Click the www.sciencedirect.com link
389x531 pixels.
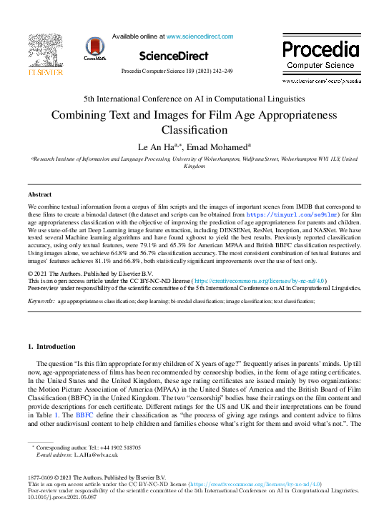200,36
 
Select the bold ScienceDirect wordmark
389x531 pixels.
173,56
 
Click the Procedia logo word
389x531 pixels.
320,49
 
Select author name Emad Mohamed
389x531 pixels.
217,146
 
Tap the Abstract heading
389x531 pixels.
39,194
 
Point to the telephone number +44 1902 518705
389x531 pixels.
115,447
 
